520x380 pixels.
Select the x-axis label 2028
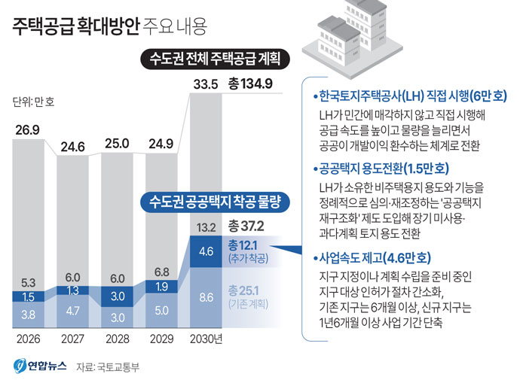pyautogui.click(x=117, y=339)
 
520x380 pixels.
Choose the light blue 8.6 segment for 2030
pyautogui.click(x=206, y=297)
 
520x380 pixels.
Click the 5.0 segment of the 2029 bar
pyautogui.click(x=161, y=309)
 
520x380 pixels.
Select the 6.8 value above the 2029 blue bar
pyautogui.click(x=161, y=271)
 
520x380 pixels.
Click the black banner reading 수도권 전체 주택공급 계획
pyautogui.click(x=214, y=59)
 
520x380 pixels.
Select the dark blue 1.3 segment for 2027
pyautogui.click(x=72, y=290)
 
